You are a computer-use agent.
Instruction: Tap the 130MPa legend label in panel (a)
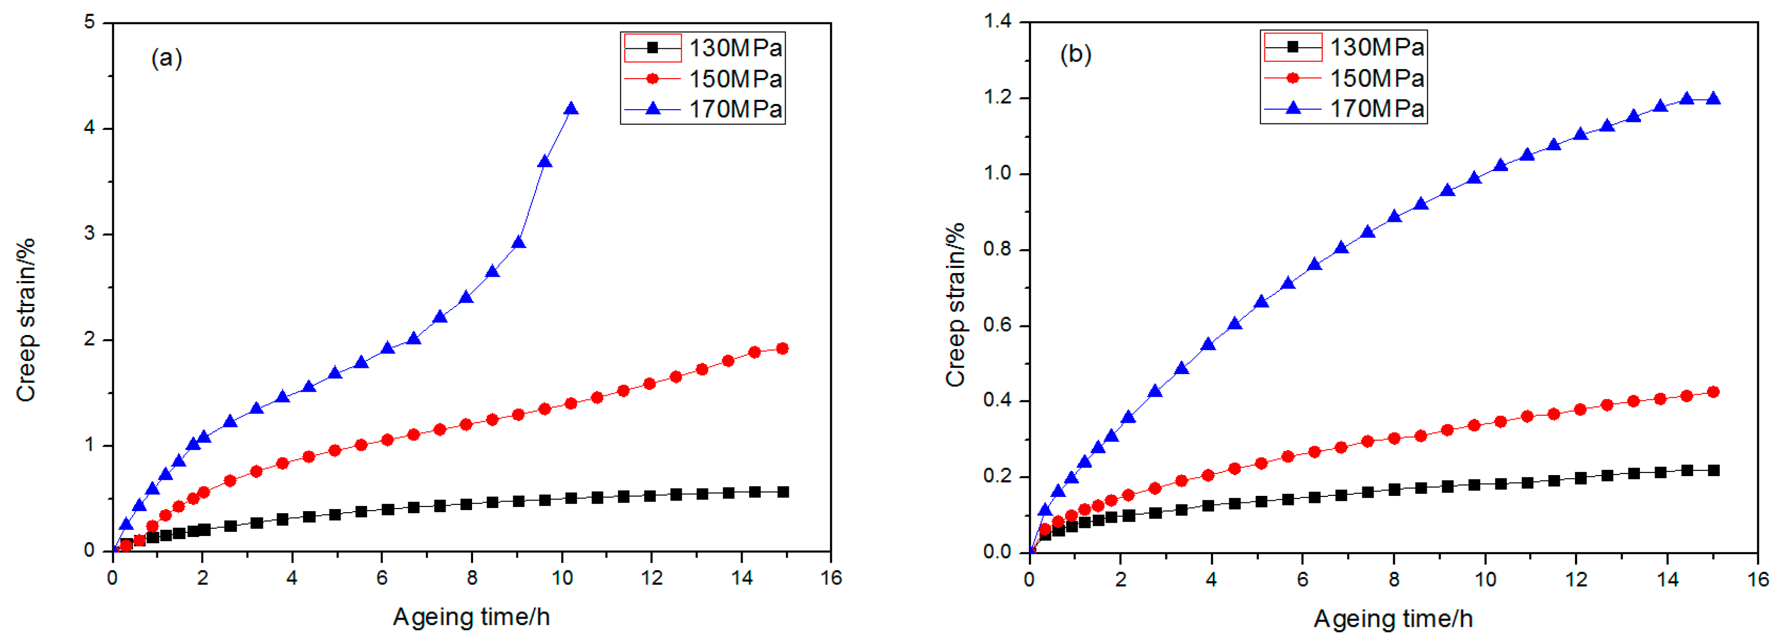(x=735, y=48)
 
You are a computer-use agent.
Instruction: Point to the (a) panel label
(x=166, y=57)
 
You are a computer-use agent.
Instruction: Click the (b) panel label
(x=1075, y=54)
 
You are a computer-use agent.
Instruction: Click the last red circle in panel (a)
(x=782, y=348)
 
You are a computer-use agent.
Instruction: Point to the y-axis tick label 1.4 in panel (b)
(x=997, y=21)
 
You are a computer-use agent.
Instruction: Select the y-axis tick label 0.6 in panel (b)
(x=997, y=325)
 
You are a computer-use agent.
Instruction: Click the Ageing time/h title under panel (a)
(x=471, y=617)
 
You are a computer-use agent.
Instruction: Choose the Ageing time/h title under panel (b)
(x=1393, y=619)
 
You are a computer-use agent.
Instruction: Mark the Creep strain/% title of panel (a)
(x=25, y=319)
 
